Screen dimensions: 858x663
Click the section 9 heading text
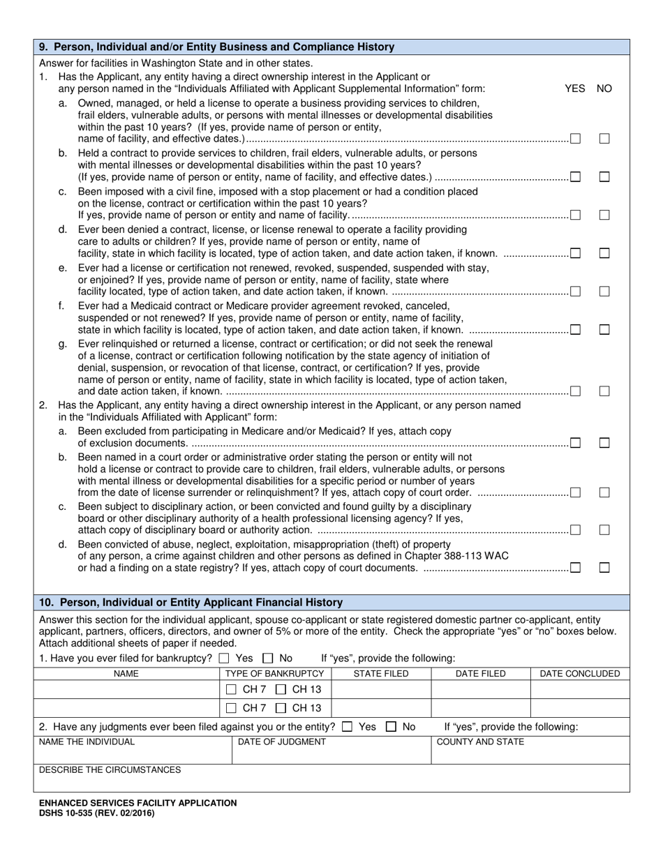[217, 47]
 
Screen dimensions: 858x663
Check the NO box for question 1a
[604, 139]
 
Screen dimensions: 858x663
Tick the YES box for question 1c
[576, 215]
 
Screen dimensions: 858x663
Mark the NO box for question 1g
[604, 391]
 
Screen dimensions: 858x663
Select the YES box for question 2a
[576, 442]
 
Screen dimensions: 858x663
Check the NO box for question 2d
[604, 568]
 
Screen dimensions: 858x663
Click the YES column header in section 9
[574, 89]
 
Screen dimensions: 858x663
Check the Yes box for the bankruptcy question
[223, 658]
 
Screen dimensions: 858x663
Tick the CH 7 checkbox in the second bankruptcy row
[232, 708]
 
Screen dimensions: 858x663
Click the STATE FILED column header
[381, 674]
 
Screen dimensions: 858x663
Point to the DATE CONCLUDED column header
[580, 674]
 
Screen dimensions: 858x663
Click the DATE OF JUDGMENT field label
[282, 742]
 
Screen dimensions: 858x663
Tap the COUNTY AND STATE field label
[480, 742]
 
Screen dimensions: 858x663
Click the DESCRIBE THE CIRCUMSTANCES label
[110, 770]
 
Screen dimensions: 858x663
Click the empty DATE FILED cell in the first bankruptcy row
[480, 690]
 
